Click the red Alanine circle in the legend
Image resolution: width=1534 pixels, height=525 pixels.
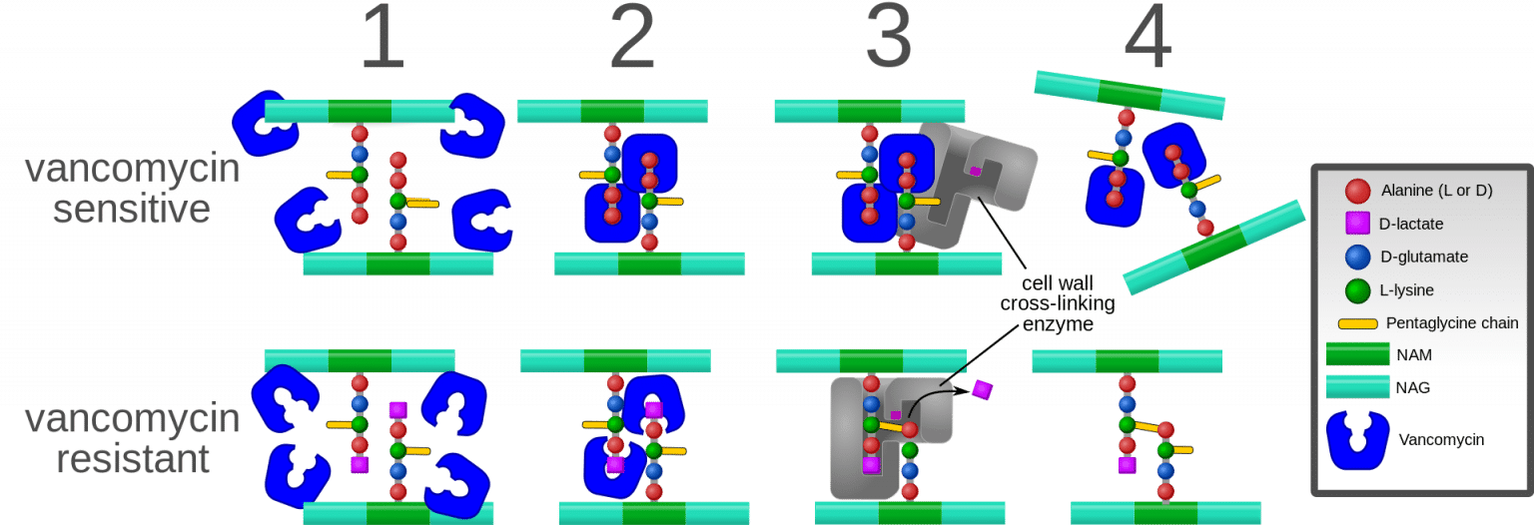1356,191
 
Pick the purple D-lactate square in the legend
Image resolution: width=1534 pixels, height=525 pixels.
1356,224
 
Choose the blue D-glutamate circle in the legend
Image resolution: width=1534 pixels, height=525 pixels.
1356,257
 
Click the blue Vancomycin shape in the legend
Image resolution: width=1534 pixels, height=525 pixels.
1356,440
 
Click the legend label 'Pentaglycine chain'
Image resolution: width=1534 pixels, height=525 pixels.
1452,323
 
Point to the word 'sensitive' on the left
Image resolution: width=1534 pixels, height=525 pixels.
132,211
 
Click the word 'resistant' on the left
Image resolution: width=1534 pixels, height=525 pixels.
134,460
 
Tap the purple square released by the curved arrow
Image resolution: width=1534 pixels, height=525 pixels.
983,389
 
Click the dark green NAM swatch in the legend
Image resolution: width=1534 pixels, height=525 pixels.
1356,354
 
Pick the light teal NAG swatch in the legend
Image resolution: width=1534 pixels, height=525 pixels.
1356,386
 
